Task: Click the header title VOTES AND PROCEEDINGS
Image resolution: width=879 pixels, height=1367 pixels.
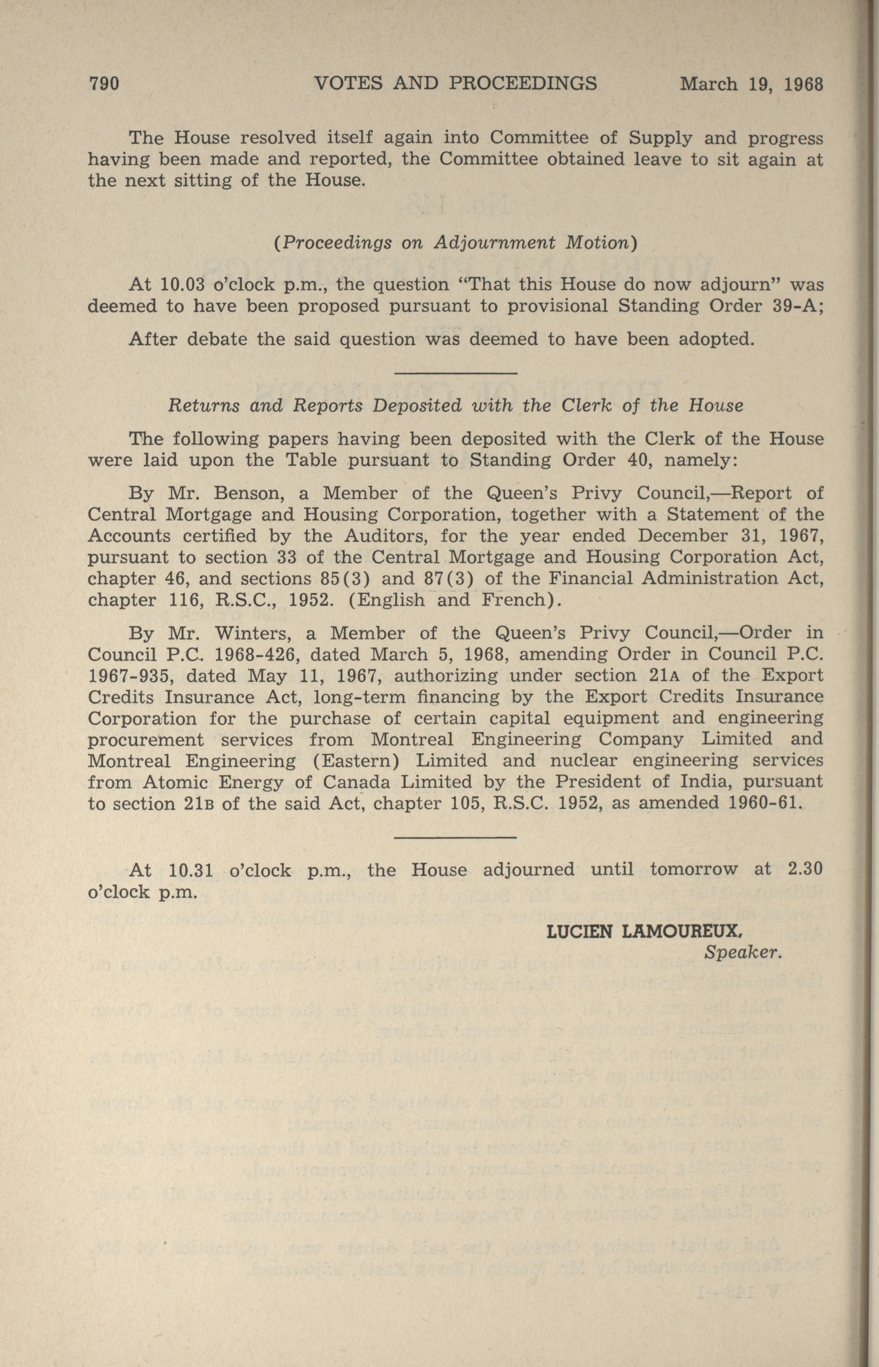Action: coord(455,83)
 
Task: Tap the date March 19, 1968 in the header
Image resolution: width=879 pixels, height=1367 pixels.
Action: coord(752,85)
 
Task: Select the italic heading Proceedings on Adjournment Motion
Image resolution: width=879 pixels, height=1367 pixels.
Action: coord(455,243)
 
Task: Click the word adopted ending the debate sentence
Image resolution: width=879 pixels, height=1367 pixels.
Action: coord(714,340)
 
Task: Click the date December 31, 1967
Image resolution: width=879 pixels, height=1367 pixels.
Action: coord(730,536)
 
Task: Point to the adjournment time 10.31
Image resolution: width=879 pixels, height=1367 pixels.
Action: coord(191,870)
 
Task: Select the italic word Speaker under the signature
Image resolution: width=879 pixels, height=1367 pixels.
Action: coord(742,953)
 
